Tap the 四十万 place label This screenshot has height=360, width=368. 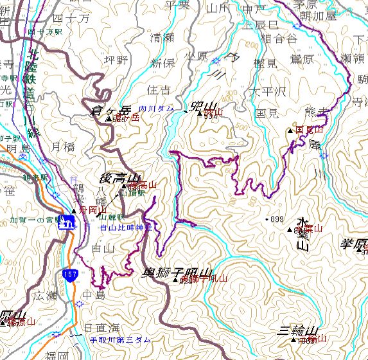(75, 19)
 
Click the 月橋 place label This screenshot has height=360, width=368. (64, 147)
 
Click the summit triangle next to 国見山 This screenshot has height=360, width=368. (290, 130)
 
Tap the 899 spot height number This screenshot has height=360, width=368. (276, 220)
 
